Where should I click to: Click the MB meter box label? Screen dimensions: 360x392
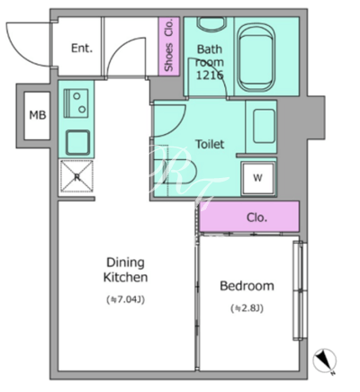[x=38, y=115]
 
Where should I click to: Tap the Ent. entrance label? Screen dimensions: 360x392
[x=82, y=48]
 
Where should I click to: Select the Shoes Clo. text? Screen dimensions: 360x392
[x=169, y=45]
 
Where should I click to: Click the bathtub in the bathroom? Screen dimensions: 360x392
[x=256, y=57]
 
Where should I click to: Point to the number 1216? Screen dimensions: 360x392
[x=210, y=75]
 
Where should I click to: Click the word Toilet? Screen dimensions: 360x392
[x=210, y=144]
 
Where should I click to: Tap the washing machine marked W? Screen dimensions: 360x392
[x=258, y=179]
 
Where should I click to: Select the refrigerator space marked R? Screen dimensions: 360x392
[x=76, y=176]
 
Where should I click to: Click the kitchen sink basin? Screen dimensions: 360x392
[x=77, y=143]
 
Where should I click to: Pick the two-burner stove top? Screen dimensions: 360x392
[x=76, y=103]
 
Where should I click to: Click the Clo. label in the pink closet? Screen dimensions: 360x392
[x=256, y=218]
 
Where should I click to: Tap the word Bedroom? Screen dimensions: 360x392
[x=247, y=286]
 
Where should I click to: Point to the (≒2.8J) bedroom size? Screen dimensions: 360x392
[x=247, y=308]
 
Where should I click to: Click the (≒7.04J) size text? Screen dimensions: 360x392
[x=126, y=299]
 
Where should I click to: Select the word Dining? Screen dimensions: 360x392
[x=126, y=263]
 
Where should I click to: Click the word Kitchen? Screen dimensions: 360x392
[x=126, y=277]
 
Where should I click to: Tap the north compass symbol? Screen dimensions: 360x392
[x=325, y=361]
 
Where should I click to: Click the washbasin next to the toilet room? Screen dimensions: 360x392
[x=264, y=126]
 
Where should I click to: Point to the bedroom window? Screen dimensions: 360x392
[x=300, y=290]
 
